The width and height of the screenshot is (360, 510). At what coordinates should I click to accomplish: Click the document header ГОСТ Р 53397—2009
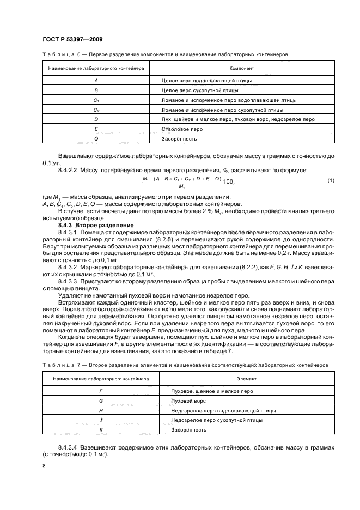point(73,39)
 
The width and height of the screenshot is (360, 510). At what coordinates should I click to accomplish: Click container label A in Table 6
point(96,81)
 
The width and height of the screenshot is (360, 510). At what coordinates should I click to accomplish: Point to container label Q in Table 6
point(96,139)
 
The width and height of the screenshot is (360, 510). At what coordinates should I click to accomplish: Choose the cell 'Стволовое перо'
point(182,129)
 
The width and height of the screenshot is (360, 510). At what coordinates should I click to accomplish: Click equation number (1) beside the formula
point(331,180)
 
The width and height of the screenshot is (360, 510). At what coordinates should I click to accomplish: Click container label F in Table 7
point(96,390)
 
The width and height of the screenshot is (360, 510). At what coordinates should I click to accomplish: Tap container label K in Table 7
point(96,429)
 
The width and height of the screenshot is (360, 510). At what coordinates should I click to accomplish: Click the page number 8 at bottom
point(44,466)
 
